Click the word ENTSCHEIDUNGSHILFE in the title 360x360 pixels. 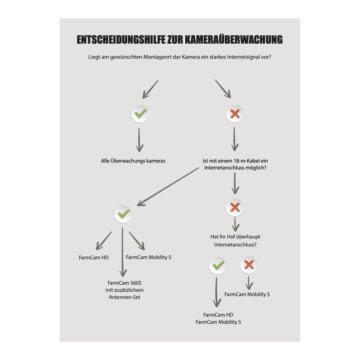pyautogui.click(x=121, y=40)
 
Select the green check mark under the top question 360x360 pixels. pyautogui.click(x=140, y=114)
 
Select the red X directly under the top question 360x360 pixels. pyautogui.click(x=235, y=114)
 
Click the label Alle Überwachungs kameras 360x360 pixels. pyautogui.click(x=133, y=161)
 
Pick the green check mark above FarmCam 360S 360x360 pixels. pyautogui.click(x=123, y=214)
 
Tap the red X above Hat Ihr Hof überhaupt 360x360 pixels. pyautogui.click(x=235, y=207)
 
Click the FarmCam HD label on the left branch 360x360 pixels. pyautogui.click(x=94, y=258)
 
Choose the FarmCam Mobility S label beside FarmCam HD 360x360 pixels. pyautogui.click(x=148, y=257)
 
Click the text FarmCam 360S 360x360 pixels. pyautogui.click(x=124, y=283)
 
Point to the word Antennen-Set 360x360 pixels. pyautogui.click(x=124, y=297)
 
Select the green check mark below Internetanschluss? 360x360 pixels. pyautogui.click(x=218, y=265)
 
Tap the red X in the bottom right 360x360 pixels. pyautogui.click(x=249, y=265)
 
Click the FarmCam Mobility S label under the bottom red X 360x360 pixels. pyautogui.click(x=247, y=294)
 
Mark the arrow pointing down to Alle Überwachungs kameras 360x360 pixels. pyautogui.click(x=139, y=140)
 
